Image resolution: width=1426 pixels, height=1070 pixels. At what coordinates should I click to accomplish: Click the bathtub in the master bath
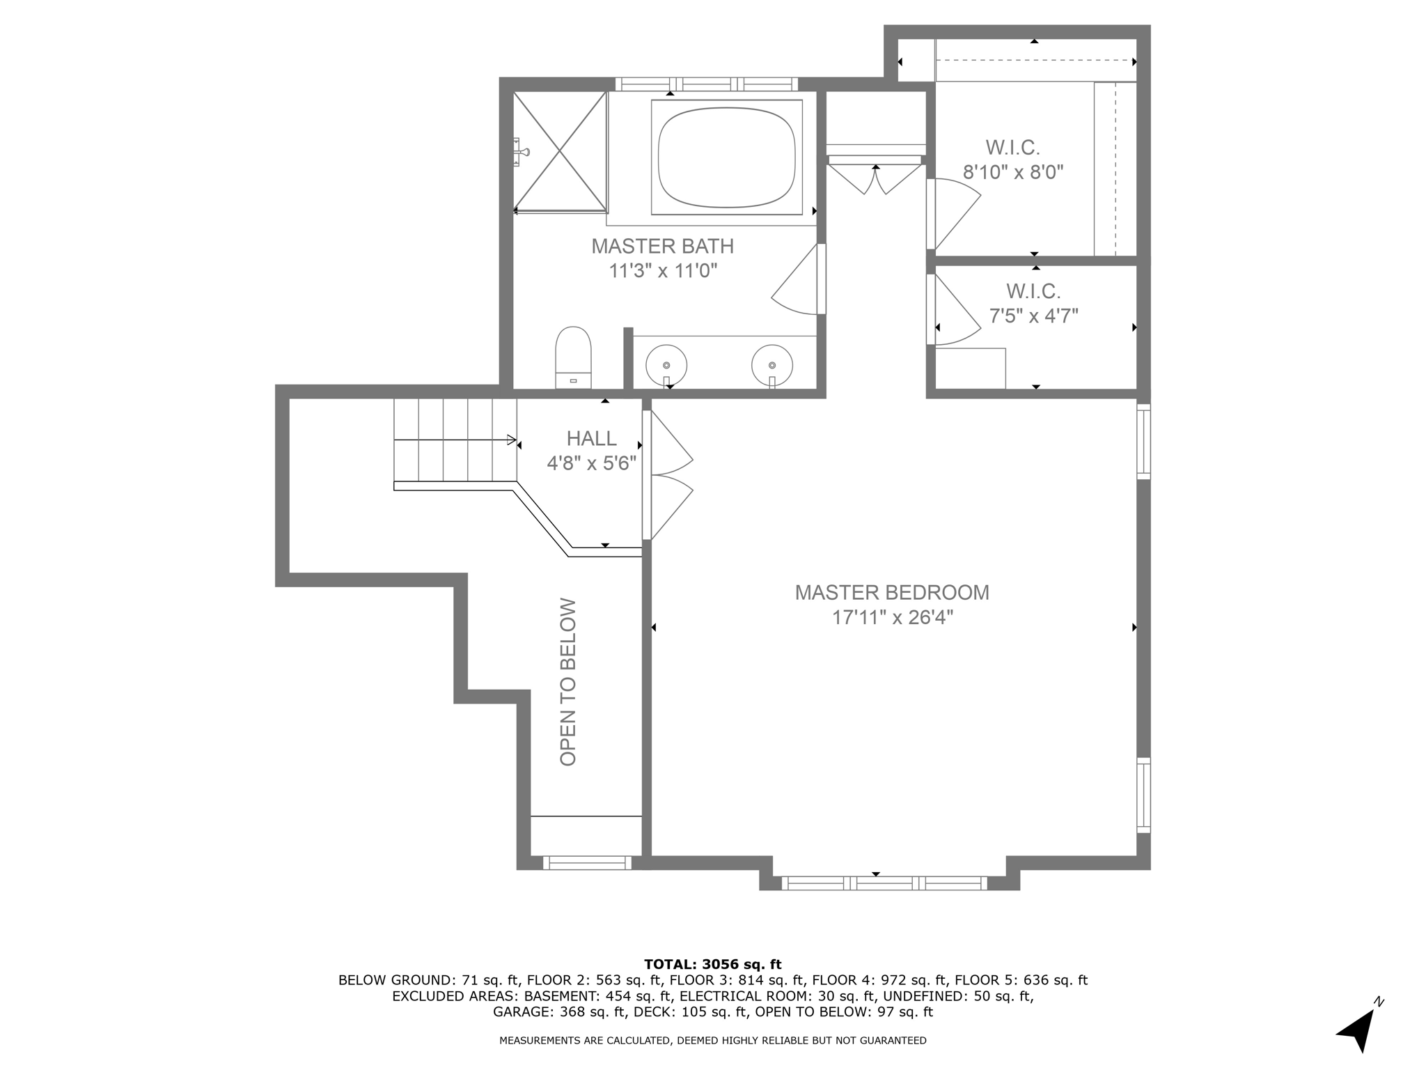pyautogui.click(x=726, y=157)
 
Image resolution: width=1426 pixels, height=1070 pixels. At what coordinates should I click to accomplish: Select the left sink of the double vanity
pyautogui.click(x=666, y=365)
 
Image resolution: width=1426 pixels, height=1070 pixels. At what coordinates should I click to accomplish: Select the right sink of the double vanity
pyautogui.click(x=772, y=365)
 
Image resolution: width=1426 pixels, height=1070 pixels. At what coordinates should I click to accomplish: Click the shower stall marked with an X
pyautogui.click(x=560, y=151)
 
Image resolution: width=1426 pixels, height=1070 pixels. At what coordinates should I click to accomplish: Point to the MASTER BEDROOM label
pyautogui.click(x=892, y=593)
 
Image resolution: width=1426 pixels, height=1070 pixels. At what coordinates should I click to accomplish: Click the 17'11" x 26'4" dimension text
pyautogui.click(x=892, y=618)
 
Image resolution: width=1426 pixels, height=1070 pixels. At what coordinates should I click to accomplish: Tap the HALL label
pyautogui.click(x=591, y=438)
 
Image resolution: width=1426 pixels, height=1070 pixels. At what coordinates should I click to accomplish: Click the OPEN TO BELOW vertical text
pyautogui.click(x=568, y=682)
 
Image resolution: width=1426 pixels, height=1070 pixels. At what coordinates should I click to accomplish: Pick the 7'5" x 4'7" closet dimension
pyautogui.click(x=1033, y=316)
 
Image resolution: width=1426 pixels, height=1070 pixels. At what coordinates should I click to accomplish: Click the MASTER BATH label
pyautogui.click(x=662, y=247)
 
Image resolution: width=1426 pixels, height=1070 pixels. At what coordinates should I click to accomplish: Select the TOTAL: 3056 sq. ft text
pyautogui.click(x=712, y=964)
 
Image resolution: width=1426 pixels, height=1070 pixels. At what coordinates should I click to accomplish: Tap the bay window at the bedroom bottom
pyautogui.click(x=884, y=883)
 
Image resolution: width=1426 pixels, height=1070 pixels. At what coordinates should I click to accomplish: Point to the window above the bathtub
pyautogui.click(x=706, y=84)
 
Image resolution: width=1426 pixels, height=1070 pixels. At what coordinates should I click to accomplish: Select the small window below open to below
pyautogui.click(x=587, y=863)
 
